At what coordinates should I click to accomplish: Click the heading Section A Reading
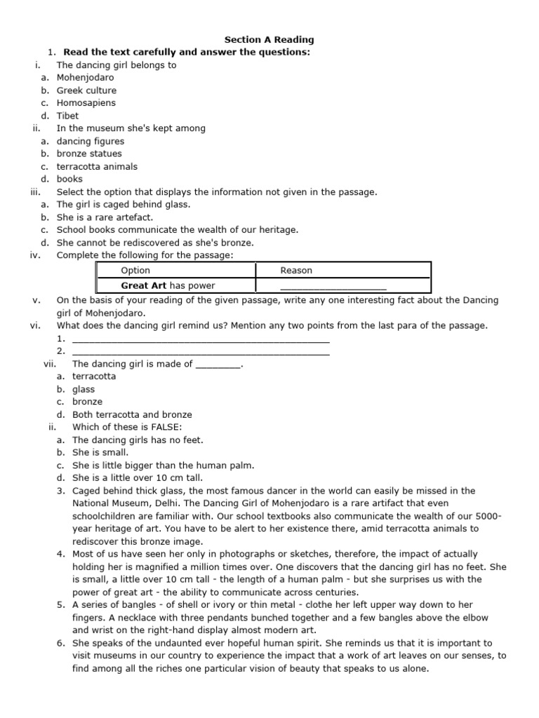pyautogui.click(x=269, y=40)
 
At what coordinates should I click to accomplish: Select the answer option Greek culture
pyautogui.click(x=86, y=90)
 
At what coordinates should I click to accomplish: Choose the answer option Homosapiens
pyautogui.click(x=86, y=103)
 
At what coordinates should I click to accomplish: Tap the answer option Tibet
pyautogui.click(x=67, y=116)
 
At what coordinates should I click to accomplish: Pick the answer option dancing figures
pyautogui.click(x=91, y=141)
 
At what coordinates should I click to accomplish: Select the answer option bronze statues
pyautogui.click(x=89, y=154)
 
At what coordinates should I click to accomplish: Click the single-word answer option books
pyautogui.click(x=69, y=179)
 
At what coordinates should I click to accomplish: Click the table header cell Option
pyautogui.click(x=135, y=271)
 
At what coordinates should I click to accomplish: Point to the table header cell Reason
pyautogui.click(x=296, y=271)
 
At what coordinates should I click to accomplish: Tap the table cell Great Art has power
pyautogui.click(x=168, y=285)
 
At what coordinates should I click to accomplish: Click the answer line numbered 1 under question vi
pyautogui.click(x=201, y=340)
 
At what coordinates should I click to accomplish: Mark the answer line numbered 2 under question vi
pyautogui.click(x=201, y=353)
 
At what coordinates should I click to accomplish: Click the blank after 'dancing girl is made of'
pyautogui.click(x=218, y=365)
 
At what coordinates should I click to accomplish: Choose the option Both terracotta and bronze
pyautogui.click(x=132, y=414)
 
